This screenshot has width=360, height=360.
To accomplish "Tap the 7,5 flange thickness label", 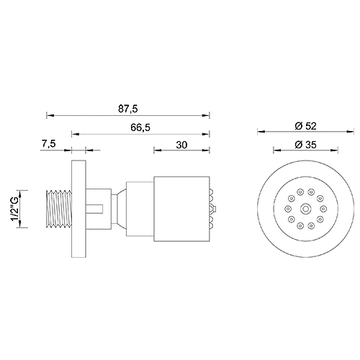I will point(50,144).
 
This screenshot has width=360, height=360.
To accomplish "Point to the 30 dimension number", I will point(181,144).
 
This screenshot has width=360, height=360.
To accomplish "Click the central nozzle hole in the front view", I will point(306,209).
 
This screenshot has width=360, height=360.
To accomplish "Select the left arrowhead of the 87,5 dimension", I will point(49,114).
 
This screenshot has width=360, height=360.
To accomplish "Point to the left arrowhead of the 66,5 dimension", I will point(74,132).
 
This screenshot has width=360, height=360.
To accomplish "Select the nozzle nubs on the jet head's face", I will point(212,209).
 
